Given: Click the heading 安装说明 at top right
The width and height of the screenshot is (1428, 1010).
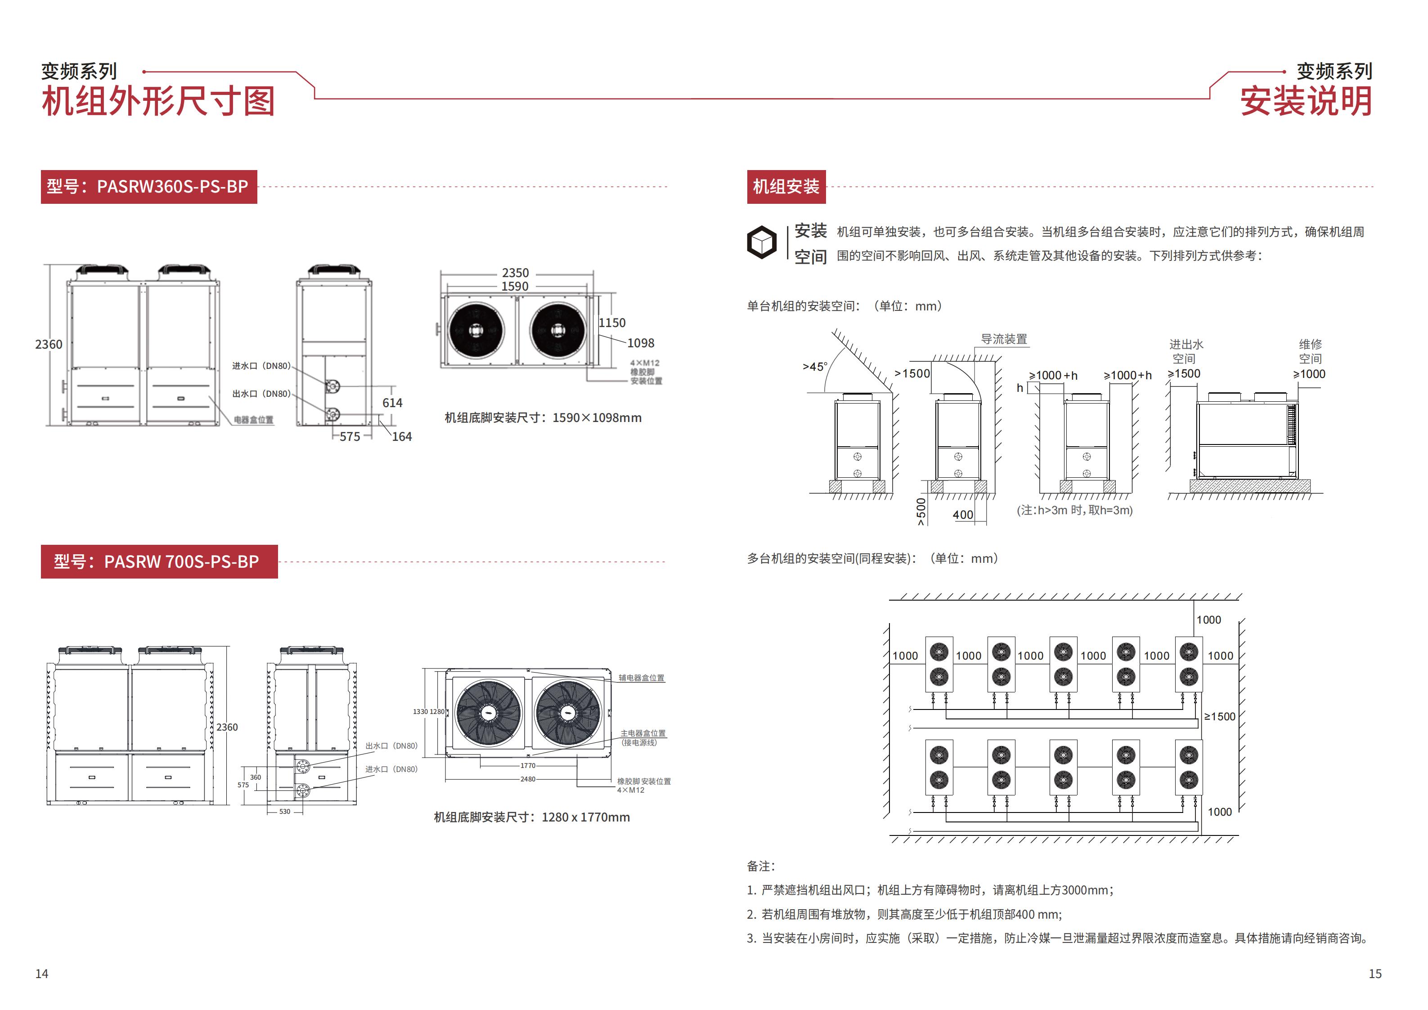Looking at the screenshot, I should point(1306,101).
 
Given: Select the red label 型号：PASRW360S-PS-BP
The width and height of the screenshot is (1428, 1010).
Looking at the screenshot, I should point(148,187).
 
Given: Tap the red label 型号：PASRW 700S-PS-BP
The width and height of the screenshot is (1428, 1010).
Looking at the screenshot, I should point(159,561).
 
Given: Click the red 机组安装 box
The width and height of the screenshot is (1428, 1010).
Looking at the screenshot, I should point(786,187).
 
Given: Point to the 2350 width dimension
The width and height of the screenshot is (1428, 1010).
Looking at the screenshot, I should point(516,273).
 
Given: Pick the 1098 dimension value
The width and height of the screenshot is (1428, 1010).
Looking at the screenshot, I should point(641,343).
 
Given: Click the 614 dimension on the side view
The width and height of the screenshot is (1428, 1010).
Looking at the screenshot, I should point(392,403).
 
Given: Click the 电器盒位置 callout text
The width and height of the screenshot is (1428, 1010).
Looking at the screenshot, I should point(254,420).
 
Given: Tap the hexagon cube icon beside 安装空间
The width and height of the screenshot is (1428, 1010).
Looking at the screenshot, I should point(761,242).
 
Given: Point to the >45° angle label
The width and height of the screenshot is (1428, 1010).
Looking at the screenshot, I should point(815,367).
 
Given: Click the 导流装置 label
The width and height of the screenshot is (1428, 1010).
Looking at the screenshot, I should point(1004,340).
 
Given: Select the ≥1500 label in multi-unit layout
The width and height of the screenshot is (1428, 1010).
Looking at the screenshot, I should point(1220,717).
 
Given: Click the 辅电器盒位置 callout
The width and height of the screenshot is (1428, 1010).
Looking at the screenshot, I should point(641,678).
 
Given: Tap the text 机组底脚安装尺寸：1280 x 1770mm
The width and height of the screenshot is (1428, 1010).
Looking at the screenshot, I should point(532,817).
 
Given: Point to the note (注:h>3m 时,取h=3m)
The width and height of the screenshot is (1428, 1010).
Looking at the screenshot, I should point(1075,511).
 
